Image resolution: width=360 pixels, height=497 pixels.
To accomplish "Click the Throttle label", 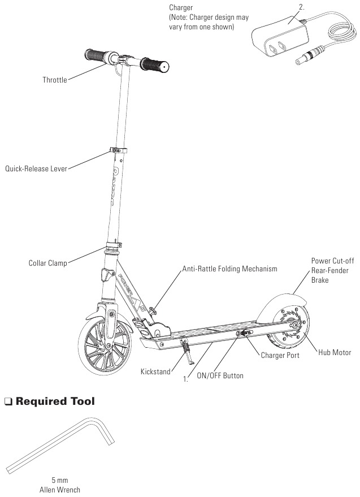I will tap(54, 80).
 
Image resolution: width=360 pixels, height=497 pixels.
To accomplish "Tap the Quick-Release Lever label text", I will tap(36, 168).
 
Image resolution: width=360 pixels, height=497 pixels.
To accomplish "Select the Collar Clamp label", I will tap(47, 263).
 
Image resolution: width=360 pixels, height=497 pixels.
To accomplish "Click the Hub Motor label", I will tap(334, 352).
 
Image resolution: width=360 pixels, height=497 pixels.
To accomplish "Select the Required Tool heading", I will tap(55, 402).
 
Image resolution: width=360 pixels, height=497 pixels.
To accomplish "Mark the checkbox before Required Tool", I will tap(8, 403).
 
